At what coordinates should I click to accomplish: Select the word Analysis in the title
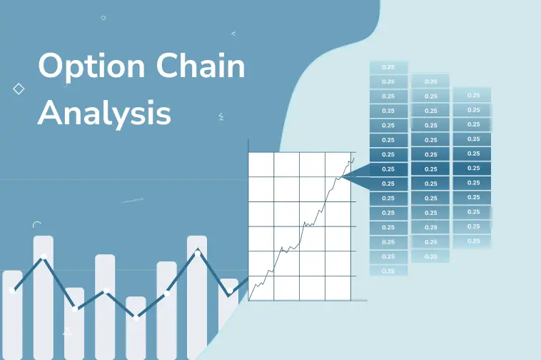point(104,112)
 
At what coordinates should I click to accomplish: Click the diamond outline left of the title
point(19,89)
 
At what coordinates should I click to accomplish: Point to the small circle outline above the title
point(103,17)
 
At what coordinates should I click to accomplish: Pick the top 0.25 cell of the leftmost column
point(388,67)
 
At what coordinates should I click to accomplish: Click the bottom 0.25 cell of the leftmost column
point(388,271)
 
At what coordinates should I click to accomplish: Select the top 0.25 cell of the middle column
point(430,81)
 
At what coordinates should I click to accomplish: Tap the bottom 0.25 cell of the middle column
point(430,256)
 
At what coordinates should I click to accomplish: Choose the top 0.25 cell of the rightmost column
point(472,95)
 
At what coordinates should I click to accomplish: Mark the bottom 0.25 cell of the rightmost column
point(472,241)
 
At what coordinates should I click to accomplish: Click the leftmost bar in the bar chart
point(12,314)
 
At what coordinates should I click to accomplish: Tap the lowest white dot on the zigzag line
point(136,318)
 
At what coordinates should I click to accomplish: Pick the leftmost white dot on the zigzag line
point(12,290)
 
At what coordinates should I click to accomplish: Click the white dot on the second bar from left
point(44,256)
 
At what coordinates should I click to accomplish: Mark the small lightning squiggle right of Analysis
point(221,116)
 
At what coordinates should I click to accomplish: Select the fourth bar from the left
point(105,307)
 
